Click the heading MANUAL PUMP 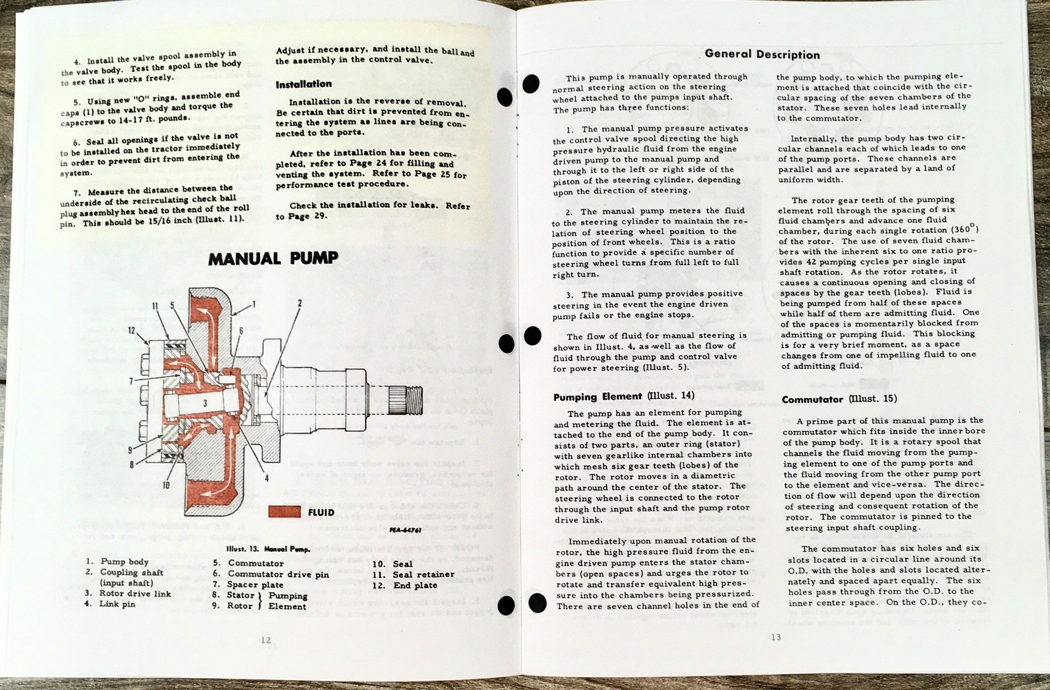click(x=273, y=258)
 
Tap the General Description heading click(x=762, y=54)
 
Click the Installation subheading click(x=303, y=84)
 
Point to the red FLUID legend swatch click(x=285, y=512)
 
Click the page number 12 click(x=265, y=640)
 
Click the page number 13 click(x=776, y=637)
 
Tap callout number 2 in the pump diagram click(x=300, y=303)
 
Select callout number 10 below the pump click(x=166, y=485)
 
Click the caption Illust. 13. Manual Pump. click(x=268, y=549)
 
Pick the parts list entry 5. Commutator click(x=248, y=563)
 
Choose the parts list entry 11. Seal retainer click(x=413, y=575)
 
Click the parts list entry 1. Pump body click(x=117, y=561)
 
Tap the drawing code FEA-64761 click(x=405, y=530)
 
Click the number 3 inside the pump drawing click(x=205, y=403)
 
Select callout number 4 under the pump click(x=266, y=478)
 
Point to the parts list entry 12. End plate click(x=405, y=585)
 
